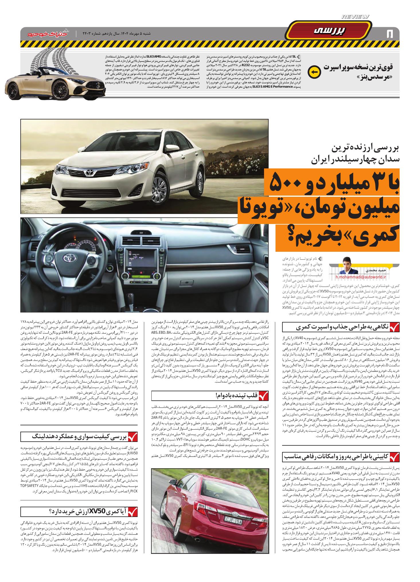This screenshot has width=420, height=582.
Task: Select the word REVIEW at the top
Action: [356, 17]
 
